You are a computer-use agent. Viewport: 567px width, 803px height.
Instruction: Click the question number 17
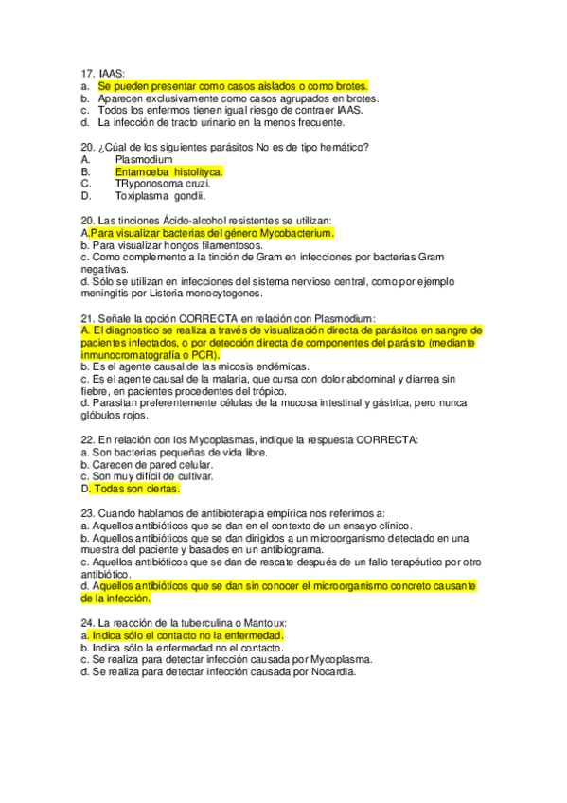pos(87,71)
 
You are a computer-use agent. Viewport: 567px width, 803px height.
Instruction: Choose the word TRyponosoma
pos(146,185)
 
